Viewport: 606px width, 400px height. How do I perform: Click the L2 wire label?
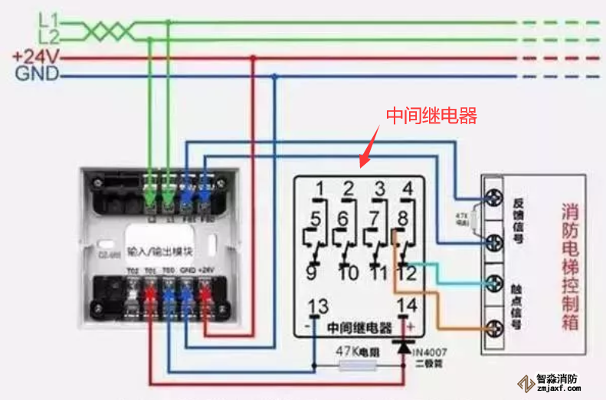click(x=48, y=37)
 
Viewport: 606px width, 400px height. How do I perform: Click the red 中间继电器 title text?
click(x=431, y=116)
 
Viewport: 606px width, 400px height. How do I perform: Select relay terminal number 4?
click(x=408, y=187)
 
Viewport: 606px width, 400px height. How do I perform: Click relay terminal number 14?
click(x=407, y=306)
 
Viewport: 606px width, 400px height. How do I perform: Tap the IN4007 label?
click(x=431, y=353)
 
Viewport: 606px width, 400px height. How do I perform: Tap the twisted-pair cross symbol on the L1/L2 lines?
click(x=106, y=31)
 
